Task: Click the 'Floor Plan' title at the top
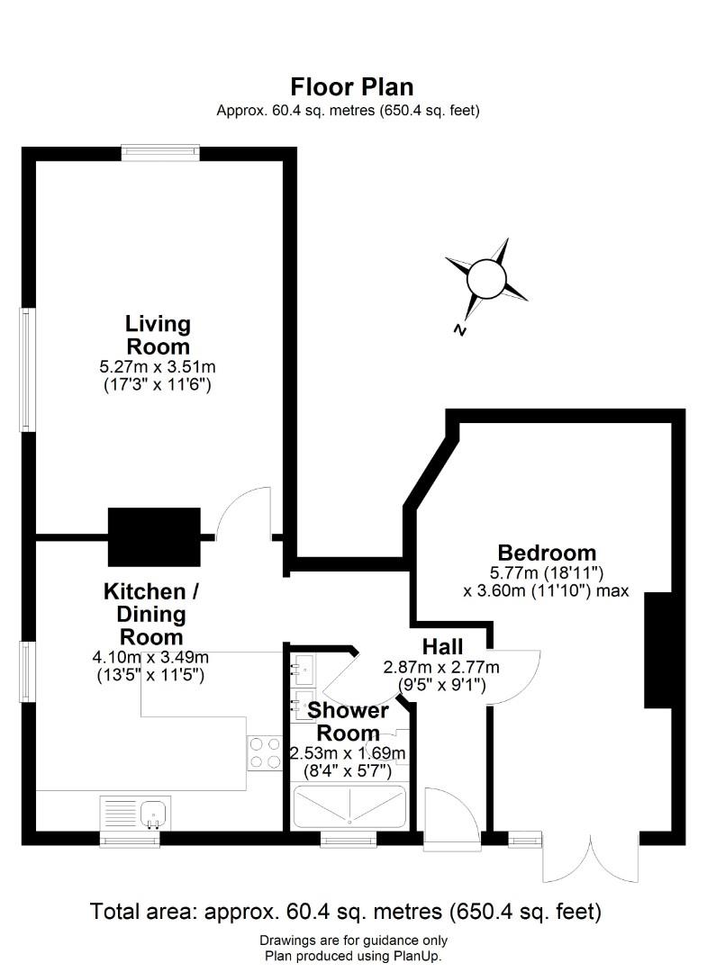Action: (x=351, y=87)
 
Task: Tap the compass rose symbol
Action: (x=487, y=276)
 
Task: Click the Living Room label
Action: (x=158, y=335)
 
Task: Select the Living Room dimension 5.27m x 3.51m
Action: (x=158, y=367)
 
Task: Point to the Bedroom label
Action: (x=547, y=553)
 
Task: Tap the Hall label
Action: (x=442, y=647)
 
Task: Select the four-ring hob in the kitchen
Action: (x=263, y=752)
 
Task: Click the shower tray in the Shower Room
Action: (x=349, y=806)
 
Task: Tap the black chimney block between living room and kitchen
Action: (x=154, y=536)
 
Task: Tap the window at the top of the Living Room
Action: (x=161, y=153)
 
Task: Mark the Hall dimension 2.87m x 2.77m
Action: (x=441, y=667)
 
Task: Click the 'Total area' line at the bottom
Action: (x=346, y=912)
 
